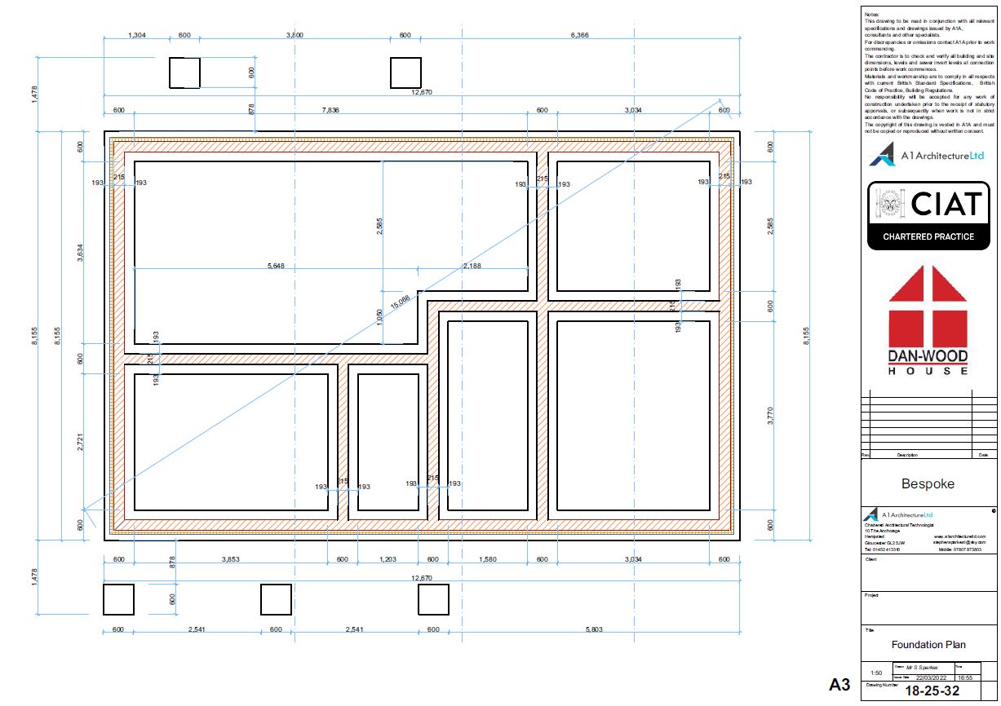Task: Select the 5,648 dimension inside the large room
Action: point(281,265)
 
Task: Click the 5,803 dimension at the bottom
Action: point(595,629)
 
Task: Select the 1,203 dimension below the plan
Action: point(388,559)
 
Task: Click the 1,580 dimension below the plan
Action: point(487,559)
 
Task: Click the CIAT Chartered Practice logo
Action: point(928,214)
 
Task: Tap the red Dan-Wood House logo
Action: point(928,320)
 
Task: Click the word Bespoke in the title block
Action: point(928,483)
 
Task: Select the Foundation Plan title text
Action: point(928,645)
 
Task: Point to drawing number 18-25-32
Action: point(938,690)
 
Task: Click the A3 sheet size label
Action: point(839,683)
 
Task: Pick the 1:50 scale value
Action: point(875,673)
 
